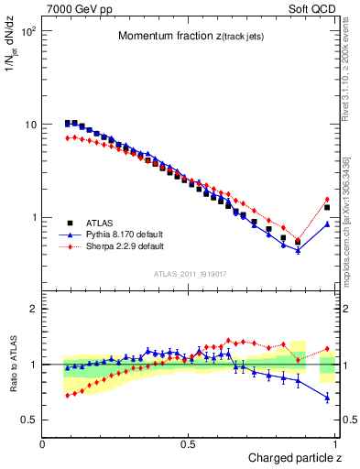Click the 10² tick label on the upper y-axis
28,31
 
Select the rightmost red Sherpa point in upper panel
327,200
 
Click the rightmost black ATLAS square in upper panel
327,208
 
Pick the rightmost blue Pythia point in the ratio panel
327,398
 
